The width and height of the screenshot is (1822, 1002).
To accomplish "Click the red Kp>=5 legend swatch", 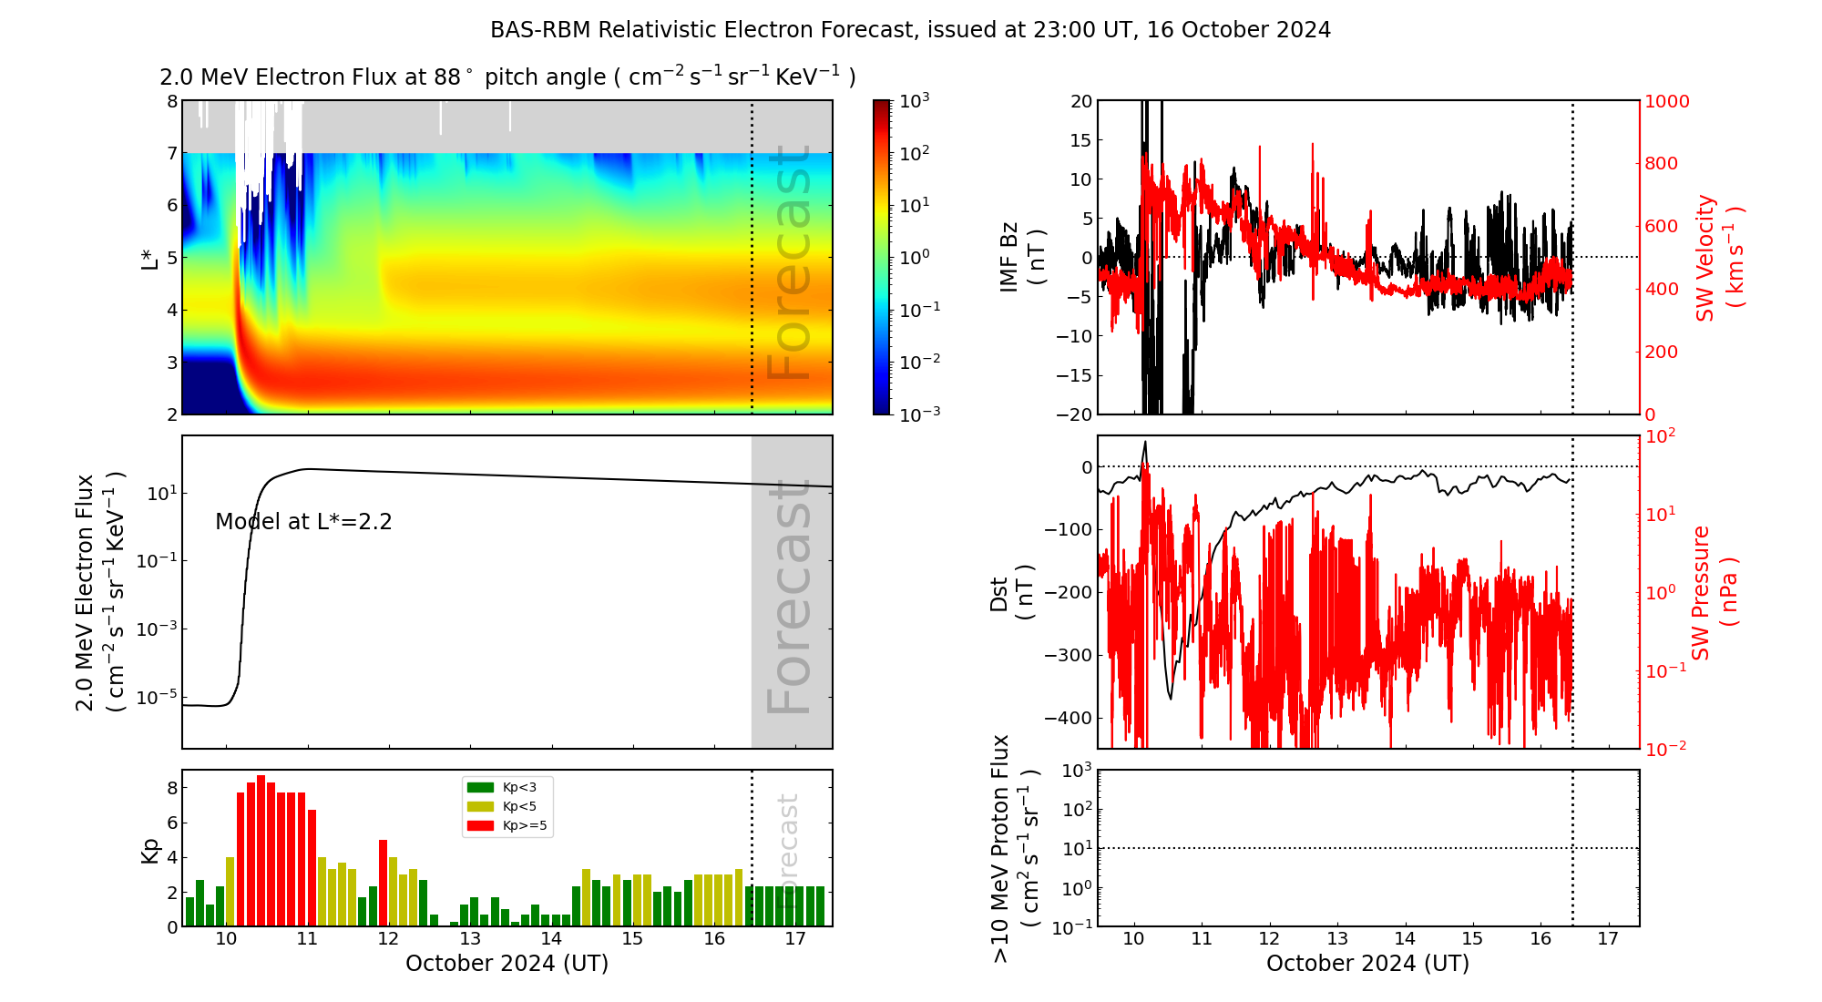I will pyautogui.click(x=479, y=826).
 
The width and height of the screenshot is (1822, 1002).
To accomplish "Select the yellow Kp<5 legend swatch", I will pyautogui.click(x=479, y=806).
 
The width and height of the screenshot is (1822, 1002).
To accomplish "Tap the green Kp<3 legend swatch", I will pyautogui.click(x=479, y=787).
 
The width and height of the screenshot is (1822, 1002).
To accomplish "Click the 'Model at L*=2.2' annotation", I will pyautogui.click(x=303, y=522).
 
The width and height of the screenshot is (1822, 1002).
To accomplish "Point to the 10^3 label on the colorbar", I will pyautogui.click(x=915, y=101).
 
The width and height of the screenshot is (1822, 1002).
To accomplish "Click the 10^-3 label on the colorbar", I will pyautogui.click(x=919, y=414).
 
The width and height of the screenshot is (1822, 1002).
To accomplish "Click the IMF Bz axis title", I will pyautogui.click(x=1021, y=257).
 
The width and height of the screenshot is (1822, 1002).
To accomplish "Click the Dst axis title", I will pyautogui.click(x=1010, y=592).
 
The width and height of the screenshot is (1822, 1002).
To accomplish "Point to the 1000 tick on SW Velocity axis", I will pyautogui.click(x=1666, y=101).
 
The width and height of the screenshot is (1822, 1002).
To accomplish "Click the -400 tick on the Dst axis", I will pyautogui.click(x=1068, y=718).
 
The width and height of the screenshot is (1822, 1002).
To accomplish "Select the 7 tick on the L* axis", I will pyautogui.click(x=172, y=153).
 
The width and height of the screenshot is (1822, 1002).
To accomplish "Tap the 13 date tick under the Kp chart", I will pyautogui.click(x=470, y=939).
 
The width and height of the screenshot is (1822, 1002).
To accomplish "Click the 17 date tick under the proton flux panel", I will pyautogui.click(x=1608, y=939).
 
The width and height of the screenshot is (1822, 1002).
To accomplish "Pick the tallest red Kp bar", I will pyautogui.click(x=261, y=851).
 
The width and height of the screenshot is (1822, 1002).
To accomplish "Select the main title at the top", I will pyautogui.click(x=910, y=30).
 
